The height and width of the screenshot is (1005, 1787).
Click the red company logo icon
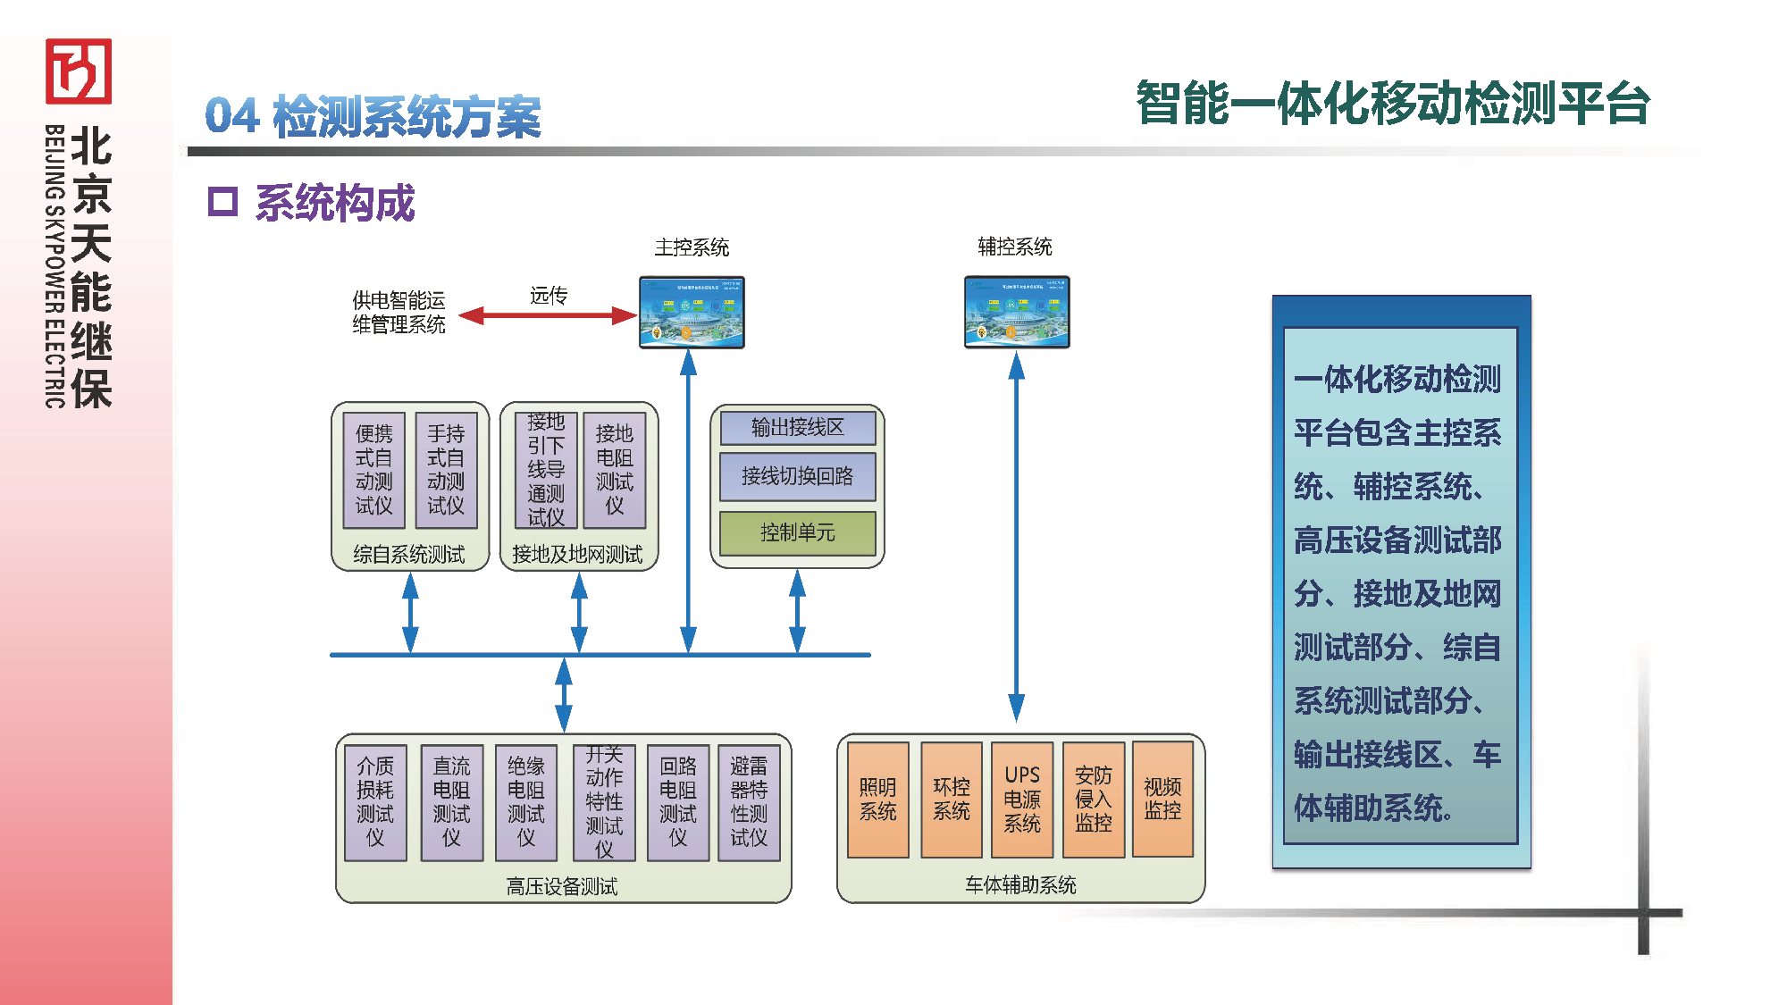click(x=79, y=71)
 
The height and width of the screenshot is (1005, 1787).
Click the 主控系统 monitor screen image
click(x=692, y=312)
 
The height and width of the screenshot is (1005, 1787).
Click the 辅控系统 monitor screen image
click(x=1017, y=312)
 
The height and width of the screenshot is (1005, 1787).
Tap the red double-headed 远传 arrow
click(x=548, y=315)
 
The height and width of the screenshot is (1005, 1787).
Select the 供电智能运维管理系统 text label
click(x=399, y=312)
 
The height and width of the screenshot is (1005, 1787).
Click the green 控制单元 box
click(x=797, y=533)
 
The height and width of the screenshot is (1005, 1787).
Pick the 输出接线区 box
click(x=797, y=428)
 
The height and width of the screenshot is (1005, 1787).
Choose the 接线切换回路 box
click(x=797, y=476)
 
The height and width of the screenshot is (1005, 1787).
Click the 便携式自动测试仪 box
click(x=374, y=470)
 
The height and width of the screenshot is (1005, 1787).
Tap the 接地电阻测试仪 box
click(x=615, y=470)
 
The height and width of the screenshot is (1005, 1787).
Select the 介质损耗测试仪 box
click(x=375, y=802)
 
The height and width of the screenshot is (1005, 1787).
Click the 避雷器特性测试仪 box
click(x=749, y=802)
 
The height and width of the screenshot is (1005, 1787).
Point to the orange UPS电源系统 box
click(x=1022, y=800)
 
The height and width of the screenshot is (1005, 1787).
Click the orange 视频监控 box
click(x=1162, y=799)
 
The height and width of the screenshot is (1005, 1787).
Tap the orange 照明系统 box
click(x=877, y=800)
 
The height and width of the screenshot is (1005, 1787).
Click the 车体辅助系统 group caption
click(x=1020, y=884)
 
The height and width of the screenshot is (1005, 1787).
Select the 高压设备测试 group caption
click(x=562, y=886)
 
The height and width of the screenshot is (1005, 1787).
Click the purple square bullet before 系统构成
click(x=222, y=202)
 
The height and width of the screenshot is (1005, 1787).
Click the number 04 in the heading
click(x=232, y=116)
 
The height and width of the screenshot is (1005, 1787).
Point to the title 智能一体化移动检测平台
click(x=1392, y=104)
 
